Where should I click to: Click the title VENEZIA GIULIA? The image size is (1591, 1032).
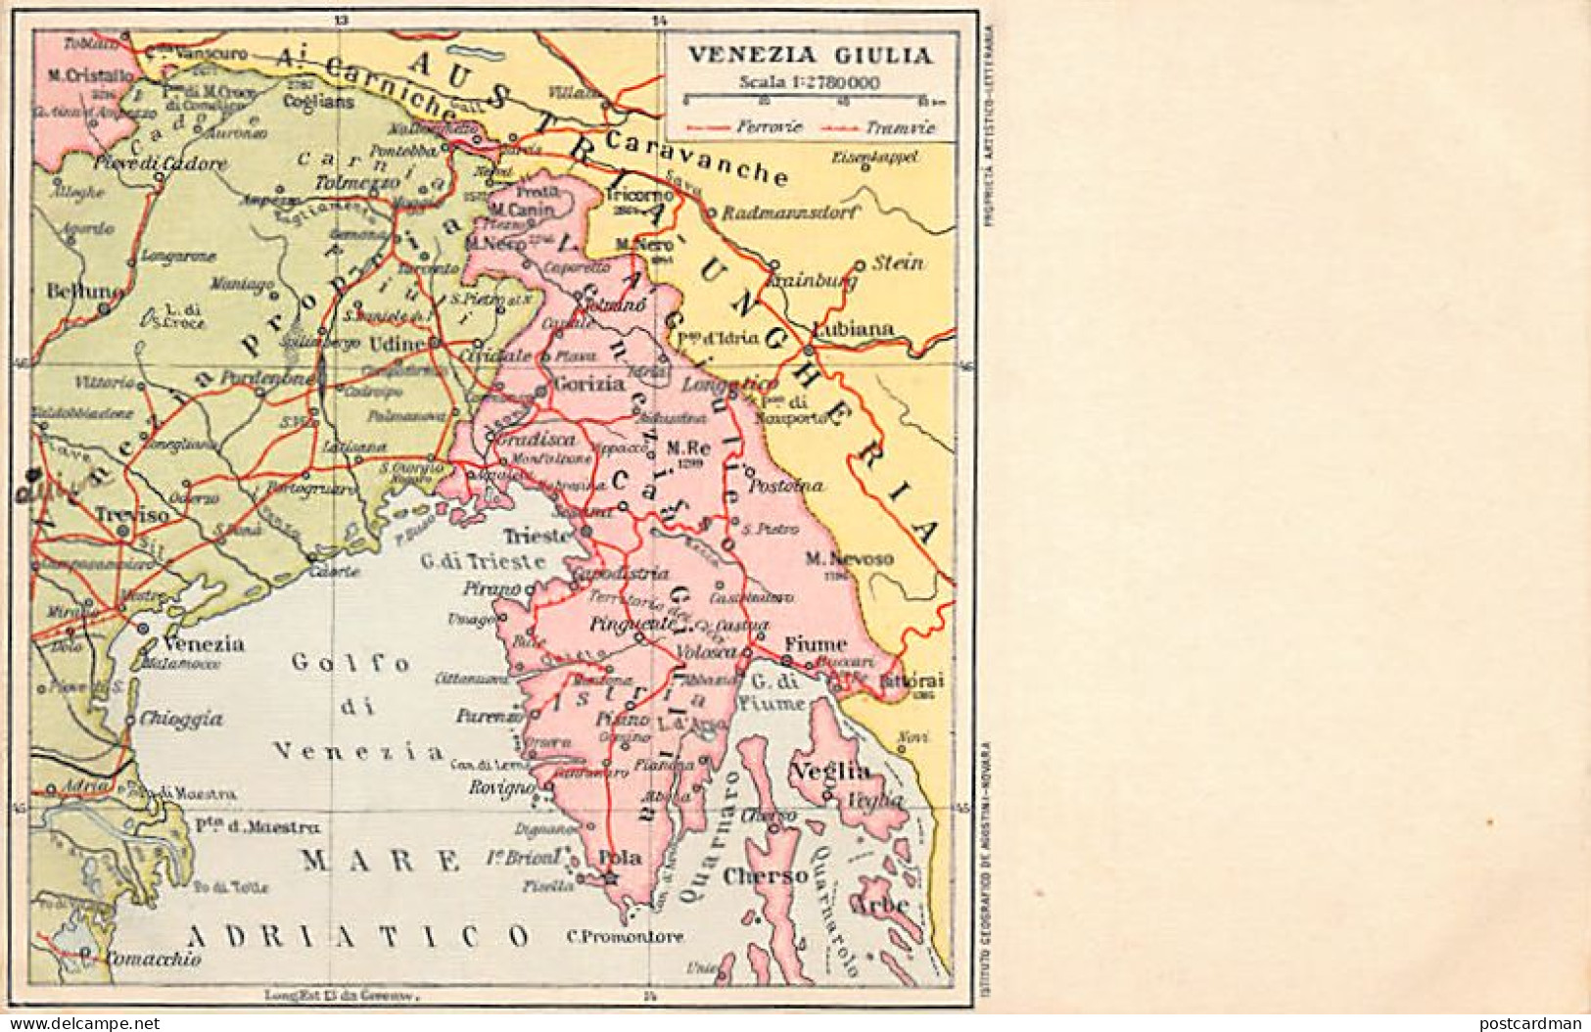pyautogui.click(x=808, y=55)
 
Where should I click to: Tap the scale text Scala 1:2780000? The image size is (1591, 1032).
pyautogui.click(x=810, y=82)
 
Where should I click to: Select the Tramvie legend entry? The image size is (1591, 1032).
pyautogui.click(x=900, y=127)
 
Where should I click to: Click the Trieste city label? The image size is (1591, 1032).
pyautogui.click(x=537, y=537)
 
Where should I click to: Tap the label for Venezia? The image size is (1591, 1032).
pyautogui.click(x=205, y=644)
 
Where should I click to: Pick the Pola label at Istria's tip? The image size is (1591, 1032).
pyautogui.click(x=620, y=859)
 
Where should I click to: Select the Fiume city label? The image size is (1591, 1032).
pyautogui.click(x=814, y=645)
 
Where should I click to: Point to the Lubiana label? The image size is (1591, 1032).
pyautogui.click(x=853, y=330)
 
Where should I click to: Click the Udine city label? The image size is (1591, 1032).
pyautogui.click(x=398, y=345)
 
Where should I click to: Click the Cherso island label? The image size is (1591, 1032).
pyautogui.click(x=766, y=876)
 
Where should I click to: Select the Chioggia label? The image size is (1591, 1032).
pyautogui.click(x=181, y=719)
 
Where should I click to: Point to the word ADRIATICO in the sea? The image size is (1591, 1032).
pyautogui.click(x=358, y=935)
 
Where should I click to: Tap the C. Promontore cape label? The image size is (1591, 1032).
pyautogui.click(x=626, y=937)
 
